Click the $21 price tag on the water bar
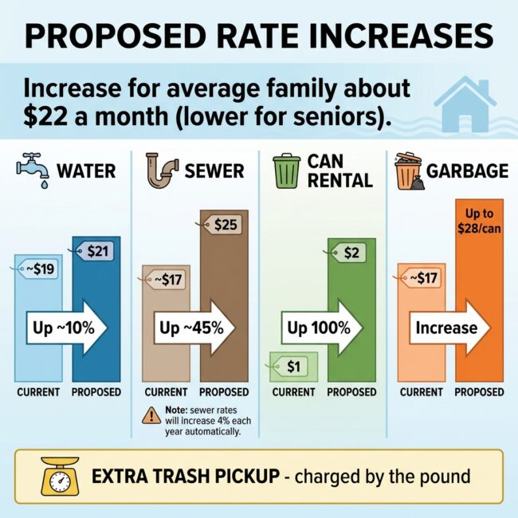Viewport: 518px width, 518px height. [95, 251]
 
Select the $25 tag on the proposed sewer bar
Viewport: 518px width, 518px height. [222, 225]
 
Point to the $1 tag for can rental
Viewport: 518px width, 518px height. [290, 367]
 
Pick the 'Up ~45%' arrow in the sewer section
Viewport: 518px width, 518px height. [194, 328]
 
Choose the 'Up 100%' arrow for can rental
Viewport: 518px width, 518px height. [322, 328]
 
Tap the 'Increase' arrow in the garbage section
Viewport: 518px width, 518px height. [450, 328]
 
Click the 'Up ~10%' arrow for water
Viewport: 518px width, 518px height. [67, 328]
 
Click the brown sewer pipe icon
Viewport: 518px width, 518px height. [162, 170]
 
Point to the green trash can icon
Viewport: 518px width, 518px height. [287, 171]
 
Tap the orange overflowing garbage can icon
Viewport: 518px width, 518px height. [410, 171]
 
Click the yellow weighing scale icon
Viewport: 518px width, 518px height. [60, 476]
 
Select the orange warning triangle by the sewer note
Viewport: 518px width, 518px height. [151, 415]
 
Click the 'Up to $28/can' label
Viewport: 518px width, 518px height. [479, 221]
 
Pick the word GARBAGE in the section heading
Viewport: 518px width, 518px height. [467, 171]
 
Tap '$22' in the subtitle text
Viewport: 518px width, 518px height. [45, 117]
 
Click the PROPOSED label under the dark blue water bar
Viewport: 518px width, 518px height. [96, 392]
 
